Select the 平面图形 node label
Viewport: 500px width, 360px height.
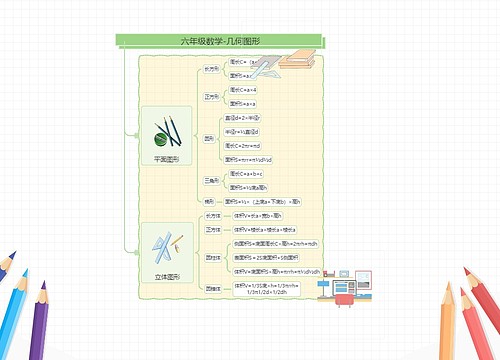point(166,158)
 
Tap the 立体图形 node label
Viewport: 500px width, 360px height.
point(166,275)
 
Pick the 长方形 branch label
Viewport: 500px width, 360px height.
point(211,69)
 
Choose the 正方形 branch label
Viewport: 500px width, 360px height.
point(211,97)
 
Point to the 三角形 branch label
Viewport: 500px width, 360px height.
point(211,180)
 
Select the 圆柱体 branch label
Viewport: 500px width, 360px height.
point(212,257)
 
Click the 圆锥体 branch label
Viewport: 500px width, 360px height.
point(212,288)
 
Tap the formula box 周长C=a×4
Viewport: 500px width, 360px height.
point(243,89)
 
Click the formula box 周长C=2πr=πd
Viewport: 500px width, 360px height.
point(245,145)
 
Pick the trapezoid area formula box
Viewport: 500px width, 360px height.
point(262,201)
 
